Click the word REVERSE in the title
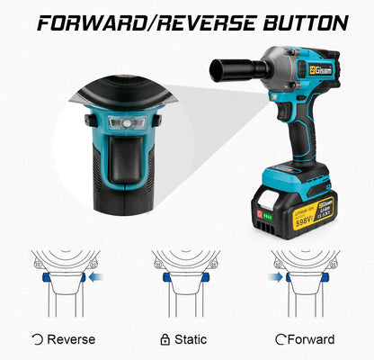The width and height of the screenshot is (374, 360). coord(202,22)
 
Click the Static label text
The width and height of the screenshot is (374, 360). coord(190,339)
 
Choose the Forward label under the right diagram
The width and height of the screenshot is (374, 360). coord(312,339)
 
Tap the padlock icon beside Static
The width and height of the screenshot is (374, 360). coord(163,339)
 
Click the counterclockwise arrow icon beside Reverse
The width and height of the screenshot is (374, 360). coord(36,339)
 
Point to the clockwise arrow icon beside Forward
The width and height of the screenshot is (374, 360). coord(280,339)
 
